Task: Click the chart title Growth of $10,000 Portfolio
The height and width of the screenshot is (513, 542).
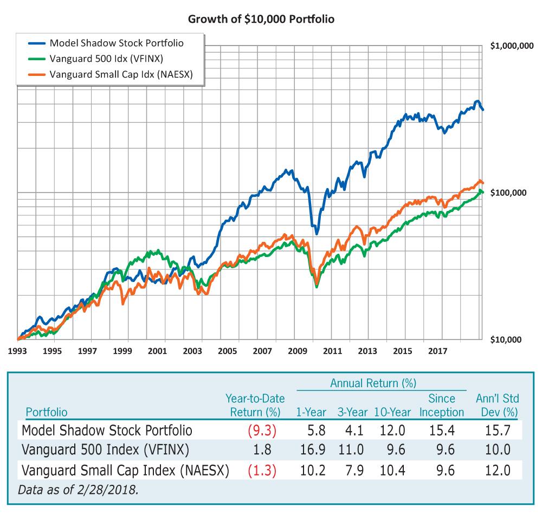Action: (261, 19)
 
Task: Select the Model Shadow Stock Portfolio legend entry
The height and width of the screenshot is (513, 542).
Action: (116, 43)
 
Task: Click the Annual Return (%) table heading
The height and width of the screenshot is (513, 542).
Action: (373, 383)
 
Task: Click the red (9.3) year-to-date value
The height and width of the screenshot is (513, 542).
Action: (262, 431)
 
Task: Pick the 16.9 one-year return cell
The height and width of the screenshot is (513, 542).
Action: (313, 451)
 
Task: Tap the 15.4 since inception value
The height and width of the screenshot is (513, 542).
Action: (442, 431)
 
